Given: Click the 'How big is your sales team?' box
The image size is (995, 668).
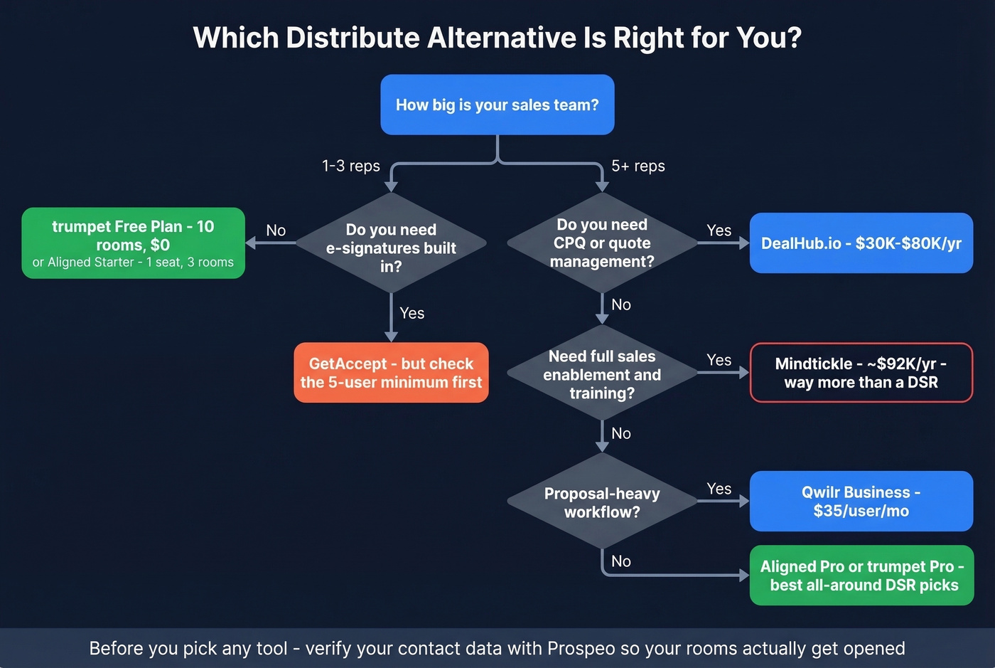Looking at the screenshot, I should coord(497,105).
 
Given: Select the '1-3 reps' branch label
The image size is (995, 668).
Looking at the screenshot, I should coord(350,166).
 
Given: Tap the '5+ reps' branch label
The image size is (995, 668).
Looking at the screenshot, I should coord(638,166).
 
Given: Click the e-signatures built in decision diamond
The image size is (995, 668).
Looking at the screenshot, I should coord(391,244).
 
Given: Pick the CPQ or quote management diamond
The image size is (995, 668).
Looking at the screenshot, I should coord(602,243).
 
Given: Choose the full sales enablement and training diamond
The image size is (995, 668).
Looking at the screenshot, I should coord(602,374).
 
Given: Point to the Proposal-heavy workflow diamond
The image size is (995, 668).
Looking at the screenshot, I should coord(602,502).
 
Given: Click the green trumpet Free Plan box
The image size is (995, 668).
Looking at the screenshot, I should coord(133,243).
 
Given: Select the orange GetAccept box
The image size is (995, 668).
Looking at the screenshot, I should coord(391,373).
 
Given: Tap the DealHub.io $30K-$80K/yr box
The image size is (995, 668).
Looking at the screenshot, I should coord(861,243).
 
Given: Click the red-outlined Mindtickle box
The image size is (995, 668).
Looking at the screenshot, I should coord(861,373).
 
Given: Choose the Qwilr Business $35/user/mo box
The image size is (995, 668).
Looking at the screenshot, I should coord(861,501).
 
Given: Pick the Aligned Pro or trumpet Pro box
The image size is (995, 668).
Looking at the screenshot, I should coord(861,576).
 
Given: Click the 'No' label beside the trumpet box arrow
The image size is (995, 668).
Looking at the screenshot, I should coord(276,230).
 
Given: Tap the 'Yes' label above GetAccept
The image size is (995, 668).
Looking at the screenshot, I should coord(412,313).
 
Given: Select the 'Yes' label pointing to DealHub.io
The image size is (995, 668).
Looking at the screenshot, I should coord(719,230).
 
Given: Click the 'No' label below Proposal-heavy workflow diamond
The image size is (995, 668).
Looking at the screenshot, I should coord(620,561).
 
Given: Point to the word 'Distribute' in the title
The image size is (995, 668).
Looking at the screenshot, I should coord(353,38).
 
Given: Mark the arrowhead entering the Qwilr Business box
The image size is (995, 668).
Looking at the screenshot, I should coord(744,501).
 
